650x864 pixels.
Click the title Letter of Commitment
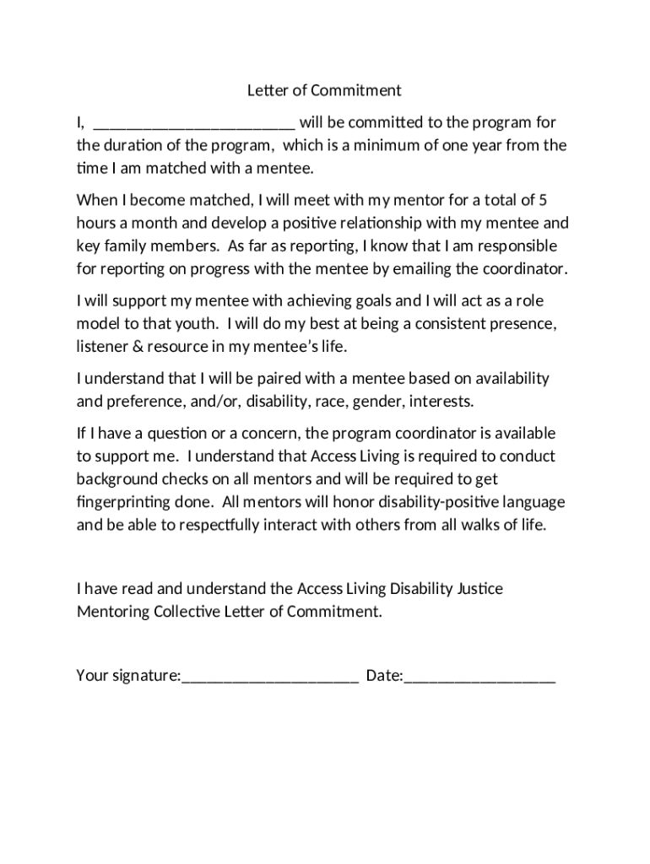(x=324, y=90)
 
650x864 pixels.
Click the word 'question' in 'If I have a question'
(x=176, y=434)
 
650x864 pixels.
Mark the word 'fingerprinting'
(x=124, y=501)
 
